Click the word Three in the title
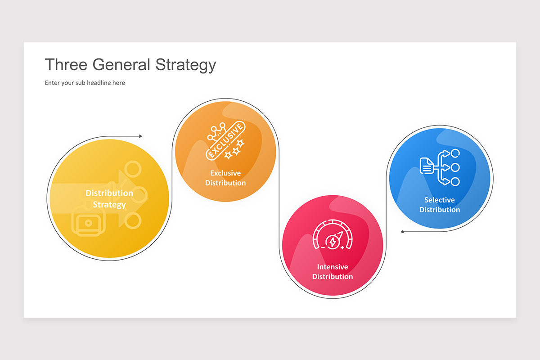66,65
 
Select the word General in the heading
121,65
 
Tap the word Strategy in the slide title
185,65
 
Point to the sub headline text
85,83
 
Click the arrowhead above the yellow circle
140,136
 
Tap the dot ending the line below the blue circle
402,232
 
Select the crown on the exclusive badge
217,132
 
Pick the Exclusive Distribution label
225,178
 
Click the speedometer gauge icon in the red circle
333,234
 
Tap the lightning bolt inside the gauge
333,242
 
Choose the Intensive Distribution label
333,271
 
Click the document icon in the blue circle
427,166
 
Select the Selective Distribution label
440,205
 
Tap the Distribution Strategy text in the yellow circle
109,199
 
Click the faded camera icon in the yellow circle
88,223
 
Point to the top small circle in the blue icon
455,153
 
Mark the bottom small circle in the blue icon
455,181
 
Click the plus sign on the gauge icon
342,247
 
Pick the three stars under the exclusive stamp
234,149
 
